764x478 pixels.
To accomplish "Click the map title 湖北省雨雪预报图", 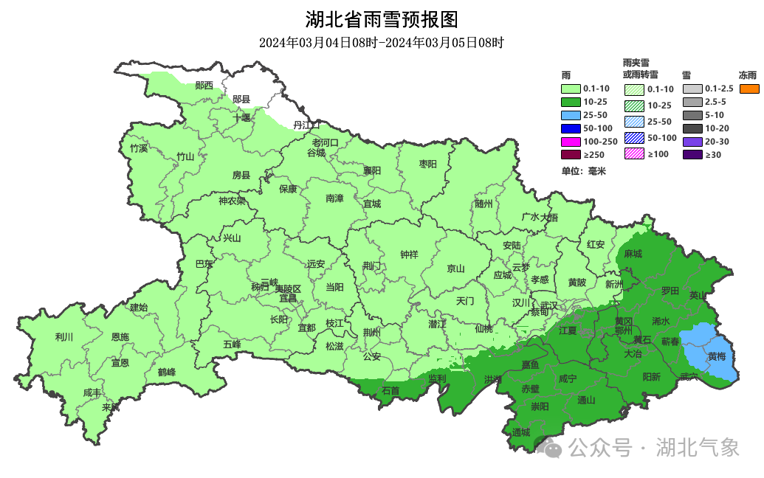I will click(382, 18).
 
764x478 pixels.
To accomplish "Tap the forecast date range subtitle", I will click(382, 43).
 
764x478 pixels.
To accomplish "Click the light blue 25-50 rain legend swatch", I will click(571, 115).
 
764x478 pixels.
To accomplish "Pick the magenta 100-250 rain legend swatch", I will click(571, 142).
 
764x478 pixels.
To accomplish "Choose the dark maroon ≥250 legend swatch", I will click(571, 155).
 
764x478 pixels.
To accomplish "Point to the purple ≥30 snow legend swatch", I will click(692, 155).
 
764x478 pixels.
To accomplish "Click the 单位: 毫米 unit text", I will click(583, 171).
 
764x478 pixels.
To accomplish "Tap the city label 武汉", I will click(548, 305).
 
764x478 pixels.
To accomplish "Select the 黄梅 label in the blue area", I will click(717, 356).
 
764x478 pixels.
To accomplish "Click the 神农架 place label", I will click(232, 201).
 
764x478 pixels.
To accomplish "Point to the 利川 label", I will click(64, 337).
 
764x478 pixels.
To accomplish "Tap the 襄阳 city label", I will click(372, 170).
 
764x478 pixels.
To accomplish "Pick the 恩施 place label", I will click(120, 337).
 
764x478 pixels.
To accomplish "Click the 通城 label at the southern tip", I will click(520, 432).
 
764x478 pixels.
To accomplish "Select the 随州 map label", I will click(483, 204).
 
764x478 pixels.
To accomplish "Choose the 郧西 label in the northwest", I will click(204, 86).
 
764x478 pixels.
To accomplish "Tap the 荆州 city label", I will click(371, 332).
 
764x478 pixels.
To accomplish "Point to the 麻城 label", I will click(633, 254).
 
